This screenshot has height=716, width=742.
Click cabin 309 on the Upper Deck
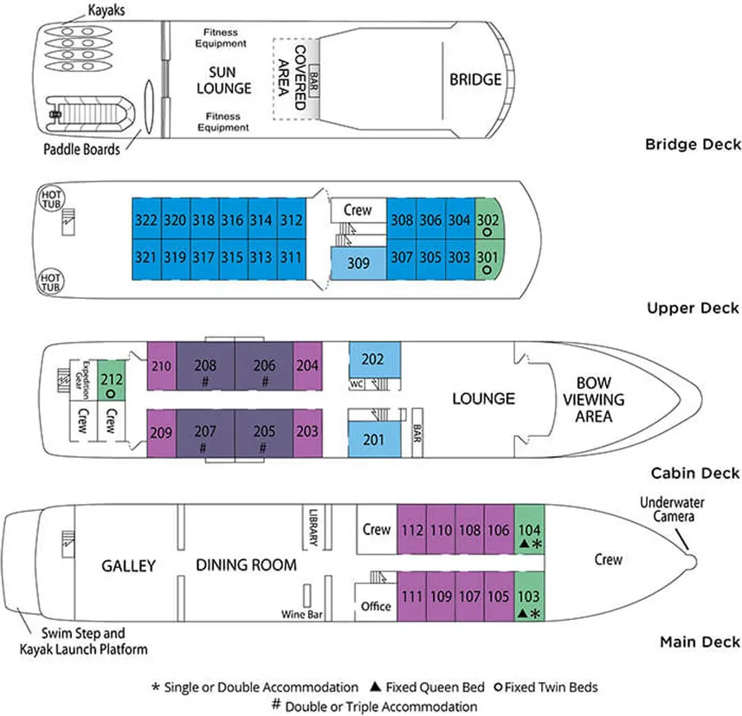(358, 261)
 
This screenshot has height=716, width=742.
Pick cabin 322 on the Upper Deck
(146, 220)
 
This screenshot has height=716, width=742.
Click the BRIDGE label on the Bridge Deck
(474, 80)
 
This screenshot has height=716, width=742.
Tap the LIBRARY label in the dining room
(313, 526)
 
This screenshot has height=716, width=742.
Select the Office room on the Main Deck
(376, 607)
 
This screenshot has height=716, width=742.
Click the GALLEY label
(128, 565)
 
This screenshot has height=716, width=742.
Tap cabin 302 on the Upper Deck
(487, 223)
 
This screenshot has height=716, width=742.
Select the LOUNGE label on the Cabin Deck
(483, 398)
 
